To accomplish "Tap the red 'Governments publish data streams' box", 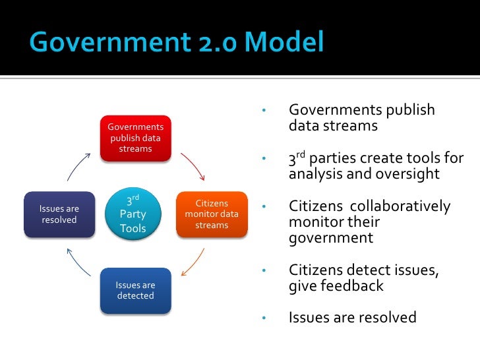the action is point(135,137).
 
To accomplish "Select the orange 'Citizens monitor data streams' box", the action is point(212,214).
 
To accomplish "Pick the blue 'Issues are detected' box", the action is point(135,290).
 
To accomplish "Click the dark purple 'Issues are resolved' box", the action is point(59,214).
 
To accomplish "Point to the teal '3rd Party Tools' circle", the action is point(133,214).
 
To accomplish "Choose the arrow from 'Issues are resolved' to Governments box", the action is point(78,166).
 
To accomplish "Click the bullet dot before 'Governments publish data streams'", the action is point(263,110).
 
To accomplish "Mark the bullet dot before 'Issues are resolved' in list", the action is point(263,318).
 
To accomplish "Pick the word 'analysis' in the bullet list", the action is point(313,175).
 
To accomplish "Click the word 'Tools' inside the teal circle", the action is point(133,229).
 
